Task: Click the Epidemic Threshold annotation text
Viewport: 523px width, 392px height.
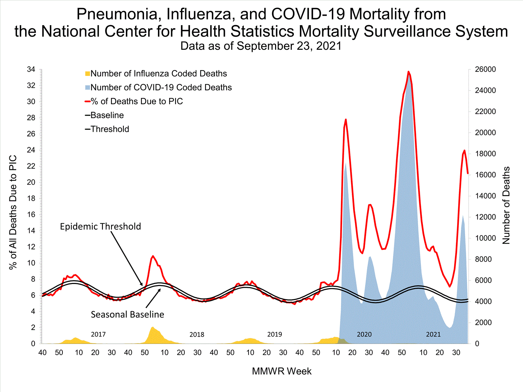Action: point(100,226)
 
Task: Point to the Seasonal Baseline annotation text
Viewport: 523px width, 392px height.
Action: point(127,315)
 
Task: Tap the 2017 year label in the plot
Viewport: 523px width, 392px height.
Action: point(98,335)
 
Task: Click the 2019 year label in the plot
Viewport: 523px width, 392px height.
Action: point(274,335)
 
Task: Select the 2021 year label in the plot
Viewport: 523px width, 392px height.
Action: point(433,335)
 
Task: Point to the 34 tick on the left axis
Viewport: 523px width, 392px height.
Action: point(31,70)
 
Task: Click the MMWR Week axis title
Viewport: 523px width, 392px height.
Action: point(282,371)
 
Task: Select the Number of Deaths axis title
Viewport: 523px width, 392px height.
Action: point(506,206)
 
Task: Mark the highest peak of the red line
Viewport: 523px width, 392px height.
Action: point(408,72)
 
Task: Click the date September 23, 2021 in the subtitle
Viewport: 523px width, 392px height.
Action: point(289,46)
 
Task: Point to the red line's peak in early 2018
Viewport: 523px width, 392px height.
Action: point(153,256)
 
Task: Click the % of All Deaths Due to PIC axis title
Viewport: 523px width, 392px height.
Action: point(13,213)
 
